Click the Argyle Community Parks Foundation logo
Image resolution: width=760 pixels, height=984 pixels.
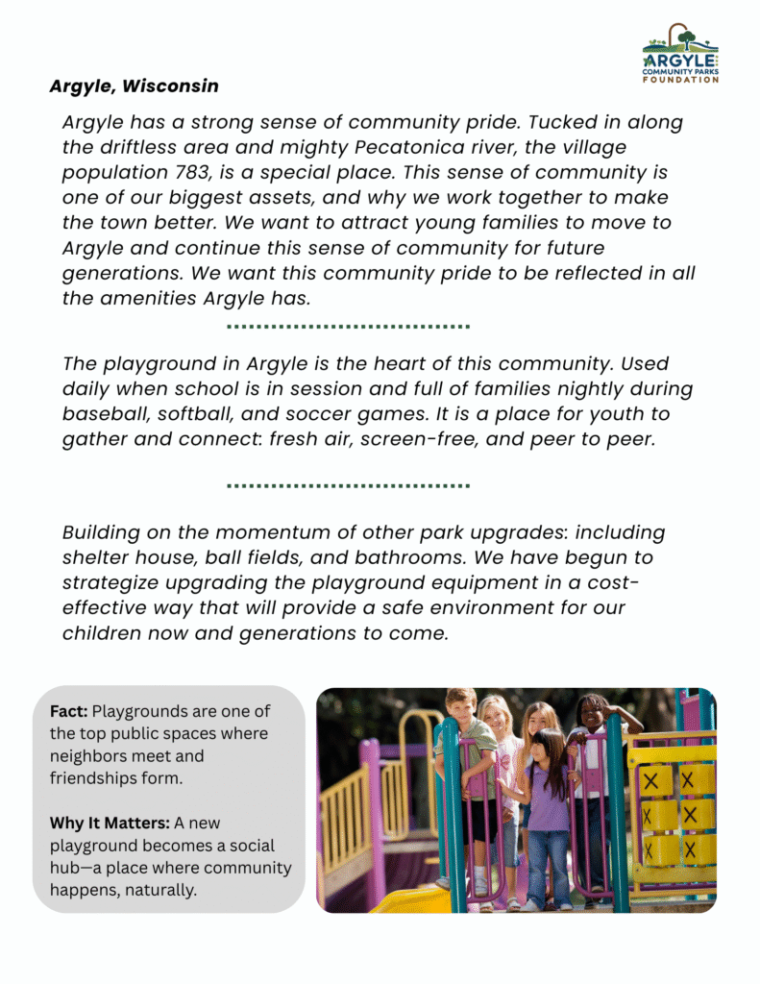pyautogui.click(x=680, y=54)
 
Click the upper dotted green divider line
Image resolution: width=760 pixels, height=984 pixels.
pyautogui.click(x=348, y=327)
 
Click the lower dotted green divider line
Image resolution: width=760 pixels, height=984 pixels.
pyautogui.click(x=348, y=485)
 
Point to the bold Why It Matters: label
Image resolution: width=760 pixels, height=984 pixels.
pyautogui.click(x=115, y=823)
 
